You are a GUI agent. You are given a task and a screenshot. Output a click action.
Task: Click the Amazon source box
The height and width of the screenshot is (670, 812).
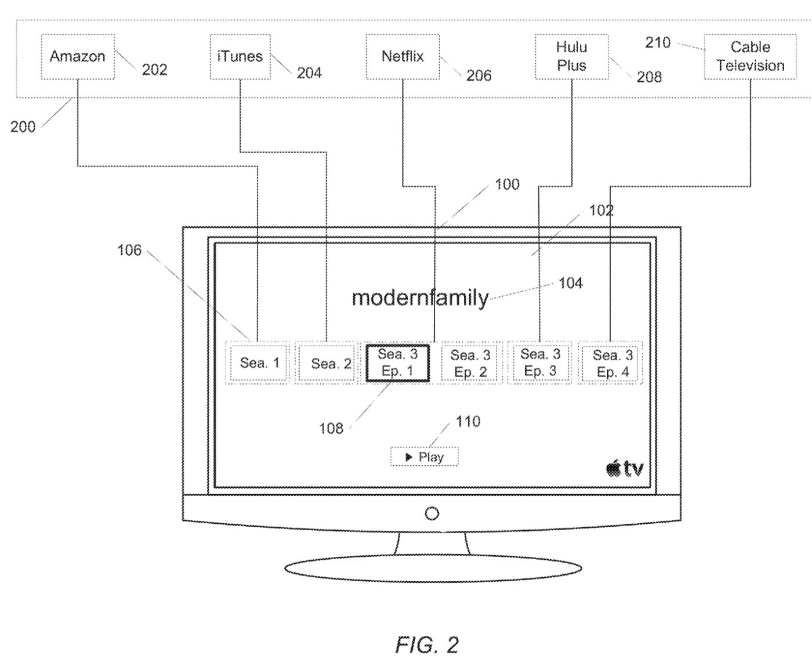[78, 57]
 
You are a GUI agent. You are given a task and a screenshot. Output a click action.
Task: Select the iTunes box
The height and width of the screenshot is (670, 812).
[240, 57]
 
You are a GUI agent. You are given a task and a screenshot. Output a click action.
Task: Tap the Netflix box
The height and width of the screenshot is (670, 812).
[403, 57]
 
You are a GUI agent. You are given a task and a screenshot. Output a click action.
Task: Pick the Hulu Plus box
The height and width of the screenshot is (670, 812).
[571, 57]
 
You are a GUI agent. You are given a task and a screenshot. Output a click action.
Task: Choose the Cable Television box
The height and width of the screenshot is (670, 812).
[750, 57]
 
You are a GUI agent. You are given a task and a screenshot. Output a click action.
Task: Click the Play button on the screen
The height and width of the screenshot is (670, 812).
[425, 457]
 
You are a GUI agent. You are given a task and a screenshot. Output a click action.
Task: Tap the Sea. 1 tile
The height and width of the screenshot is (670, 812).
[259, 363]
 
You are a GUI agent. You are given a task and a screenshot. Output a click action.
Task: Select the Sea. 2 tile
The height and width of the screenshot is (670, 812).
[331, 364]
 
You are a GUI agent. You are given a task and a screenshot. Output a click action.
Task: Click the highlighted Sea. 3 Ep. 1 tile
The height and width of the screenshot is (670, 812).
[397, 363]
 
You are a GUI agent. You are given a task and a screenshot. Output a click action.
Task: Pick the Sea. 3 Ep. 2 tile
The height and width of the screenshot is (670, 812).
[470, 364]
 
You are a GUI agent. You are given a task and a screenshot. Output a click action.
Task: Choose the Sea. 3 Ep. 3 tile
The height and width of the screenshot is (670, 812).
[540, 363]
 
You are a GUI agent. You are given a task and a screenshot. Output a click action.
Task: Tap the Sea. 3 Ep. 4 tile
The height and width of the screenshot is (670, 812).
[612, 364]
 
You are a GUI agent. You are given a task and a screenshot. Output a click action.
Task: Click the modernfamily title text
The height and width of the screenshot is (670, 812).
[420, 298]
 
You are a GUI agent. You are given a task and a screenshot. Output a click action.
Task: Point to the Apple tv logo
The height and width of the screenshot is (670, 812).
[625, 468]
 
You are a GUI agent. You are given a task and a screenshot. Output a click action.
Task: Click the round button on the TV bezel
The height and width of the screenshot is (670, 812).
[432, 514]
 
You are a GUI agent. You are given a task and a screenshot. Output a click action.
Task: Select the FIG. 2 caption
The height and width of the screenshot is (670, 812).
[427, 644]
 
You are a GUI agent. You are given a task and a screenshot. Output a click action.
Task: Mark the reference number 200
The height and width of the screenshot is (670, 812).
[23, 126]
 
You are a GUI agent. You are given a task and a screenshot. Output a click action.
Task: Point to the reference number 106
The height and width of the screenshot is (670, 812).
[129, 250]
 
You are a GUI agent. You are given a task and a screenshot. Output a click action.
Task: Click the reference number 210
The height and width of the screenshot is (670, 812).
[658, 42]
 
